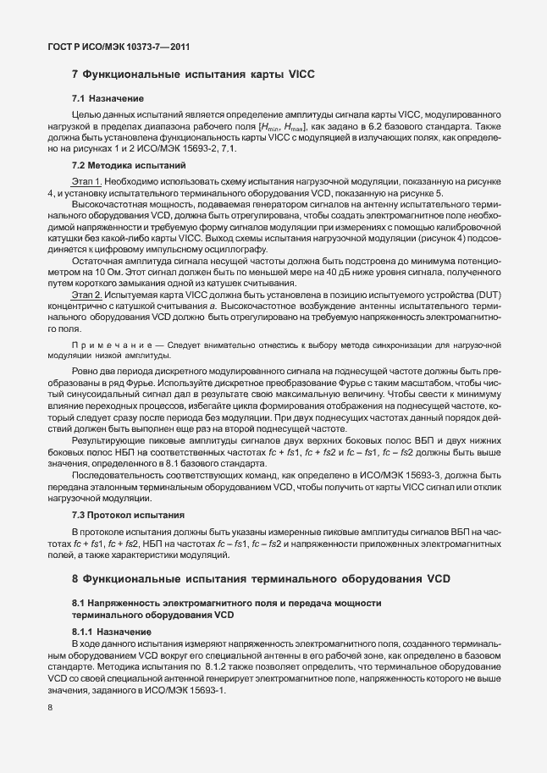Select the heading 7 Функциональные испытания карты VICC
tap(193, 75)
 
